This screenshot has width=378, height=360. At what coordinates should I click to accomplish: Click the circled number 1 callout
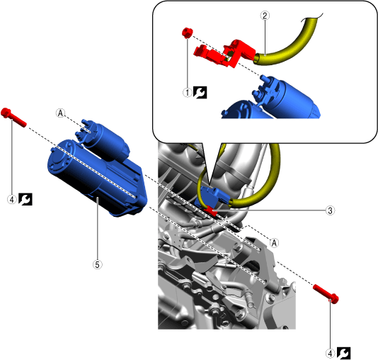pyautogui.click(x=188, y=92)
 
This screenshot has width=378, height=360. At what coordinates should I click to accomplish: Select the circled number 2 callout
pyautogui.click(x=265, y=16)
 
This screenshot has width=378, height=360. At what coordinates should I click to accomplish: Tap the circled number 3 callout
pyautogui.click(x=330, y=210)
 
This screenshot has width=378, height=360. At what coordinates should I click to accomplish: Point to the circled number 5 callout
pyautogui.click(x=97, y=265)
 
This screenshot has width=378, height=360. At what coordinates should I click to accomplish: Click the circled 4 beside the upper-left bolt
pyautogui.click(x=12, y=200)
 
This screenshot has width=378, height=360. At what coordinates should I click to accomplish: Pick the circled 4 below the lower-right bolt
pyautogui.click(x=330, y=354)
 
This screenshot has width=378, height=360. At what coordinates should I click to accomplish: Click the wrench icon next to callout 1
pyautogui.click(x=200, y=92)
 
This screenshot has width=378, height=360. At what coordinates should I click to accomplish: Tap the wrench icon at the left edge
pyautogui.click(x=25, y=199)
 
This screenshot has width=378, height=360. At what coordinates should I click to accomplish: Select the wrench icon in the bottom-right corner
pyautogui.click(x=343, y=354)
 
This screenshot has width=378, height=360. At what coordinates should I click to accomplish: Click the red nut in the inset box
pyautogui.click(x=187, y=33)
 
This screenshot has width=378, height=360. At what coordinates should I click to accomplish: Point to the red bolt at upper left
pyautogui.click(x=13, y=117)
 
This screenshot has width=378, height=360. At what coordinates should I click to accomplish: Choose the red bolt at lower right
pyautogui.click(x=326, y=293)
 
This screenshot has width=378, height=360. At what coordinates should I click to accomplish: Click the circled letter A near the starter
pyautogui.click(x=60, y=113)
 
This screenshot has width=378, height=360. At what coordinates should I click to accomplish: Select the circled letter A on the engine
pyautogui.click(x=274, y=243)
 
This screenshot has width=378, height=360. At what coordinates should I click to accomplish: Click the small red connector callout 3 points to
pyautogui.click(x=210, y=210)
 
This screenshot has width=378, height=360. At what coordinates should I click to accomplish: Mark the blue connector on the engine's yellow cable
pyautogui.click(x=214, y=195)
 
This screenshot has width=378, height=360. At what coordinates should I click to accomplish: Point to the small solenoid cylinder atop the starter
pyautogui.click(x=103, y=139)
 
